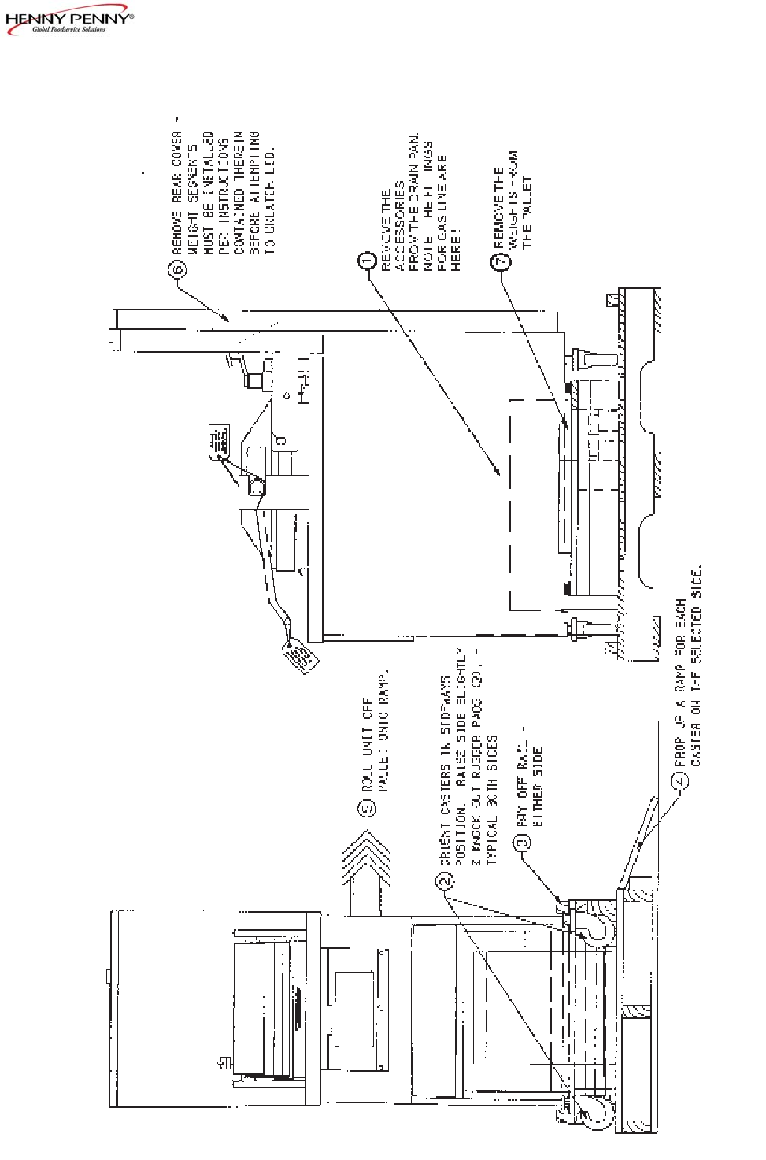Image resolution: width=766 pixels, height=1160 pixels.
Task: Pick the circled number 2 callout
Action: click(446, 880)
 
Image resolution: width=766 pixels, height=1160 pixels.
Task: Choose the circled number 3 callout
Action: click(522, 842)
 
